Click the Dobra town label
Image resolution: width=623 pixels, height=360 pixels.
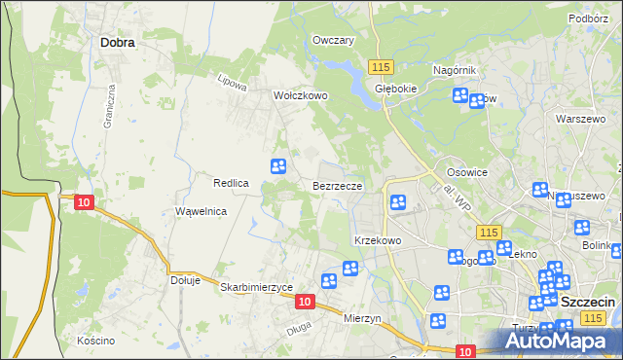click(117, 42)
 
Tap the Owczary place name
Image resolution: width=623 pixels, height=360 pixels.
click(332, 40)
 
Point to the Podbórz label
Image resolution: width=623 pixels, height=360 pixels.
click(587, 18)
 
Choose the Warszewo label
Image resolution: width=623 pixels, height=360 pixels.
click(574, 118)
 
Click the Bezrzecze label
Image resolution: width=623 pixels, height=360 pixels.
click(338, 185)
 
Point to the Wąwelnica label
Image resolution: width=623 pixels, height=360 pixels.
click(201, 211)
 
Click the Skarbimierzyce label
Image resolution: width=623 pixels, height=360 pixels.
click(257, 288)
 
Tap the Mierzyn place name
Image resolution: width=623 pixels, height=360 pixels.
click(366, 317)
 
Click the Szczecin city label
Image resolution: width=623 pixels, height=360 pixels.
click(588, 303)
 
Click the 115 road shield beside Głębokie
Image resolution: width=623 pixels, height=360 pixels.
click(381, 65)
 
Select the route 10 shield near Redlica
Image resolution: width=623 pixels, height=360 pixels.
click(84, 201)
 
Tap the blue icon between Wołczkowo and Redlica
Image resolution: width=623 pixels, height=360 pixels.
click(278, 165)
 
